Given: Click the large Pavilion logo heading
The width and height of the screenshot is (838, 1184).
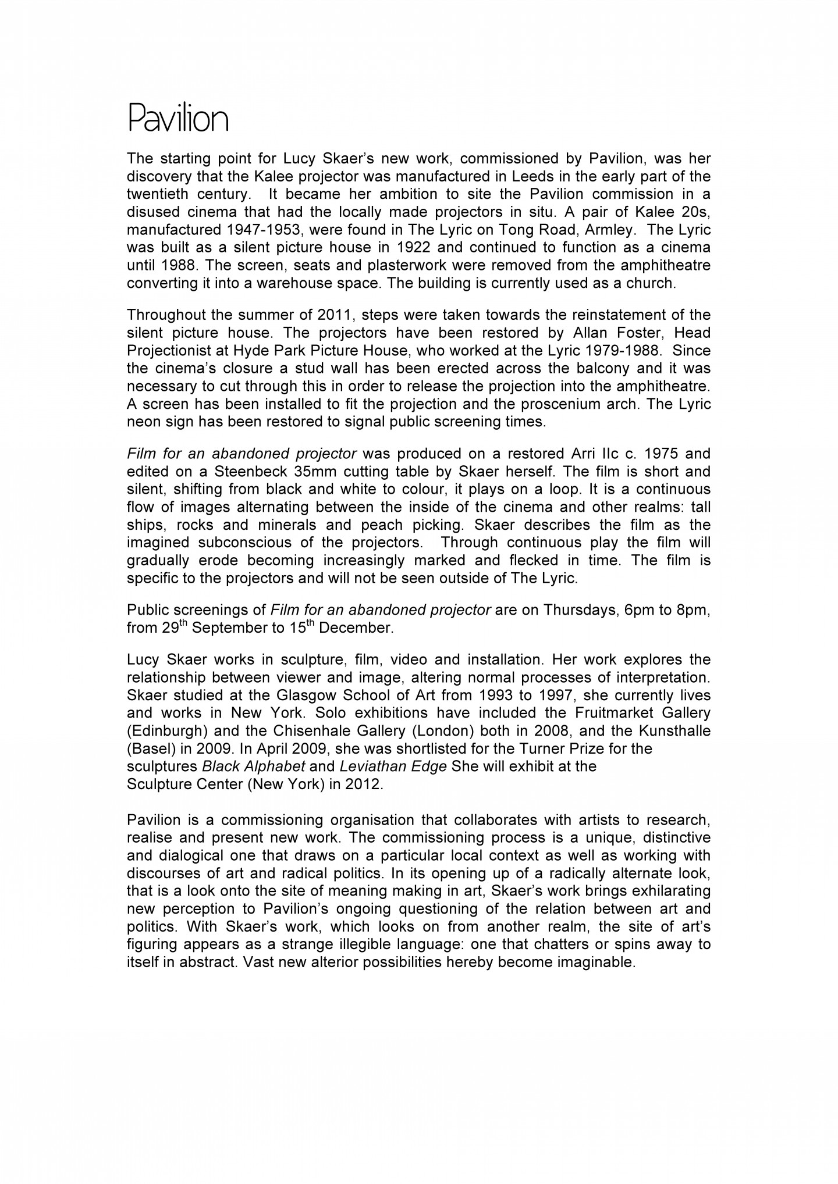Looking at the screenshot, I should (177, 119).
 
